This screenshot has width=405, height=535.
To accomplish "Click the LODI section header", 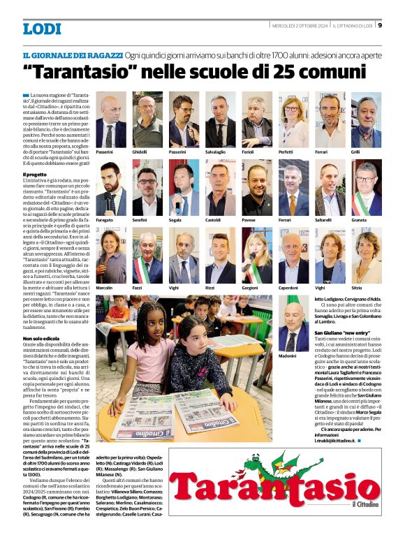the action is [x=42, y=29].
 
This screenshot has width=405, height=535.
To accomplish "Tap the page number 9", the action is [x=380, y=26].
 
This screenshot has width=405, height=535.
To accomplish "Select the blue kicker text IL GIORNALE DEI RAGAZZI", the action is [x=73, y=54].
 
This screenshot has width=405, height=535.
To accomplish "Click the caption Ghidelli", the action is [x=140, y=152].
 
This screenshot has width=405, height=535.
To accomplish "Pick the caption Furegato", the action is [x=105, y=219].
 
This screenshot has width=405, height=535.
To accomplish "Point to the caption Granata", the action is [x=359, y=219].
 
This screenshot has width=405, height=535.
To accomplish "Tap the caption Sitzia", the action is [x=358, y=288].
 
